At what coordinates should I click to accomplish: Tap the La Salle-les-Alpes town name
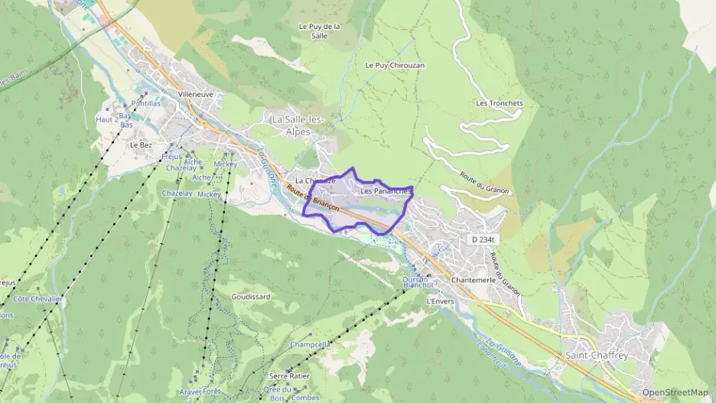(298, 125)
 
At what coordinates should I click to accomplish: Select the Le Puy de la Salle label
(319, 30)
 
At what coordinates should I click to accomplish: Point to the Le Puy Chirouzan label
(395, 66)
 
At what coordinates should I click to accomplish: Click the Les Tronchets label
(499, 103)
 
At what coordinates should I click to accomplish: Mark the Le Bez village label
(141, 145)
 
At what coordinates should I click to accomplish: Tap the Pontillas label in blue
(146, 103)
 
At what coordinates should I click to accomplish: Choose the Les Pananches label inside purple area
(386, 190)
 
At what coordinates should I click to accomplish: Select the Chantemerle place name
(474, 280)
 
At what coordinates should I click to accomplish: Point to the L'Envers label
(440, 301)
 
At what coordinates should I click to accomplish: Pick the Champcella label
(311, 344)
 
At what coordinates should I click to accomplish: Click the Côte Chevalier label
(37, 299)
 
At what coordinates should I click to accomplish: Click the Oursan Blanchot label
(418, 282)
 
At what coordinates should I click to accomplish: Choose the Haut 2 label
(106, 120)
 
